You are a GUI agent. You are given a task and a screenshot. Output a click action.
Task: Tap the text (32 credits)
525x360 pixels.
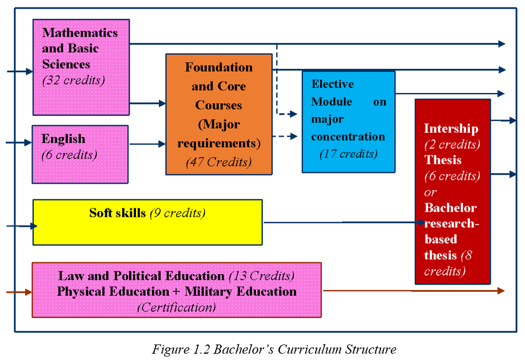(x=73, y=80)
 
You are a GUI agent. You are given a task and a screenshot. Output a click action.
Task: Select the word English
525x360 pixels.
(x=63, y=139)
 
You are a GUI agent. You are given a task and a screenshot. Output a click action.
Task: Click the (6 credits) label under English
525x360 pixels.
(x=69, y=154)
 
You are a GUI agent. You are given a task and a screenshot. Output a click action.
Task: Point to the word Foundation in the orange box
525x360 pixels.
(x=219, y=67)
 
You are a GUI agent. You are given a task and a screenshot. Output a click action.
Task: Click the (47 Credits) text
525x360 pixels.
(x=219, y=162)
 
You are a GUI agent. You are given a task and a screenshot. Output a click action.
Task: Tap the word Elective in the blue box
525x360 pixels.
(x=332, y=84)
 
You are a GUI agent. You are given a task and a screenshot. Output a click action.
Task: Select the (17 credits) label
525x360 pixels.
(x=348, y=154)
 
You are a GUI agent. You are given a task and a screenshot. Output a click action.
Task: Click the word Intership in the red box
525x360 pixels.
(x=451, y=129)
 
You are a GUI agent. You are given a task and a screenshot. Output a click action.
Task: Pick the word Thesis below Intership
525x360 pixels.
(x=443, y=160)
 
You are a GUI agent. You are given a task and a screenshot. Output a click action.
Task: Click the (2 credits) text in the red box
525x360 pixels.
(x=452, y=144)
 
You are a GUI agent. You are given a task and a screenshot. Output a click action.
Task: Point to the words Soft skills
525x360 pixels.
(x=117, y=213)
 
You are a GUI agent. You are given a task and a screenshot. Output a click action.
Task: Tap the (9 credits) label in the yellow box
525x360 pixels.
(x=177, y=213)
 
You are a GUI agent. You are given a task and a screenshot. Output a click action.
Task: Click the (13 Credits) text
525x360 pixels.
(x=262, y=276)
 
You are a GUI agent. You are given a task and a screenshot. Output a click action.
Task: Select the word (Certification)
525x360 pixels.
(x=177, y=307)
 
